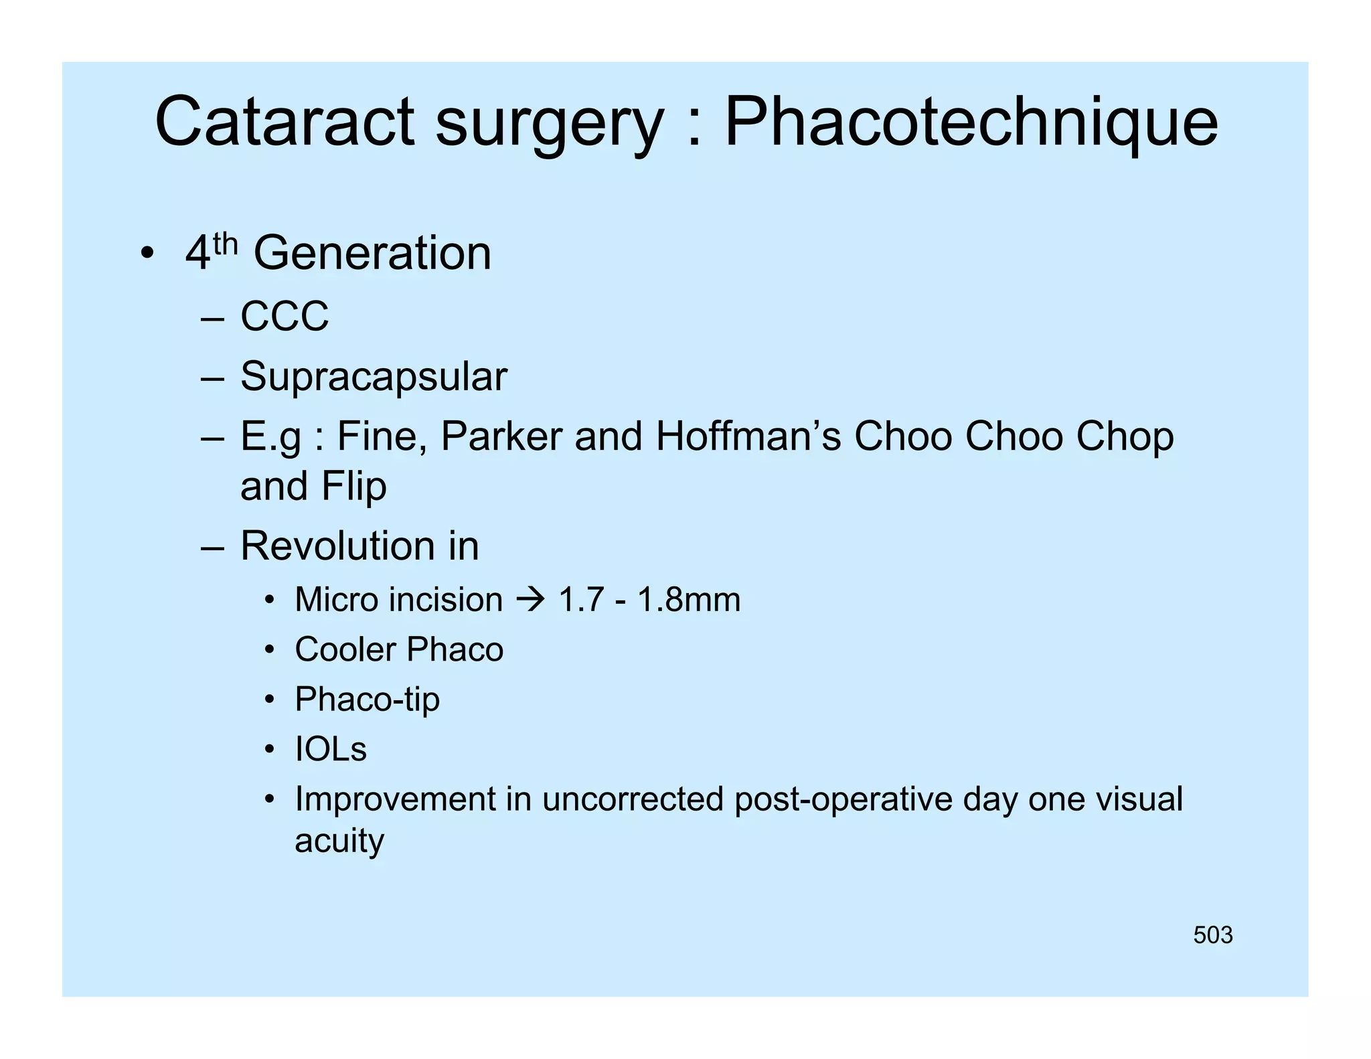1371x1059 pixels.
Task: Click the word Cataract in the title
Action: (x=285, y=122)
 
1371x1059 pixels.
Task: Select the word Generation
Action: (x=372, y=254)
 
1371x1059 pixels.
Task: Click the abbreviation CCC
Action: (x=285, y=316)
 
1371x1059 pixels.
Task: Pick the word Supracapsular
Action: (x=374, y=377)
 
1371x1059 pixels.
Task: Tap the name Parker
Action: (x=501, y=436)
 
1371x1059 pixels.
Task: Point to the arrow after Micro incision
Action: (x=530, y=599)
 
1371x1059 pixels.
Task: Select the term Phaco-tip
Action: (x=367, y=700)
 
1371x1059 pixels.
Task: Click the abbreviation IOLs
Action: (x=331, y=749)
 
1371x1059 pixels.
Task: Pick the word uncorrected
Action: (x=633, y=799)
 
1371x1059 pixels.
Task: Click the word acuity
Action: (x=339, y=841)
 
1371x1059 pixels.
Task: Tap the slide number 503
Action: (x=1212, y=935)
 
